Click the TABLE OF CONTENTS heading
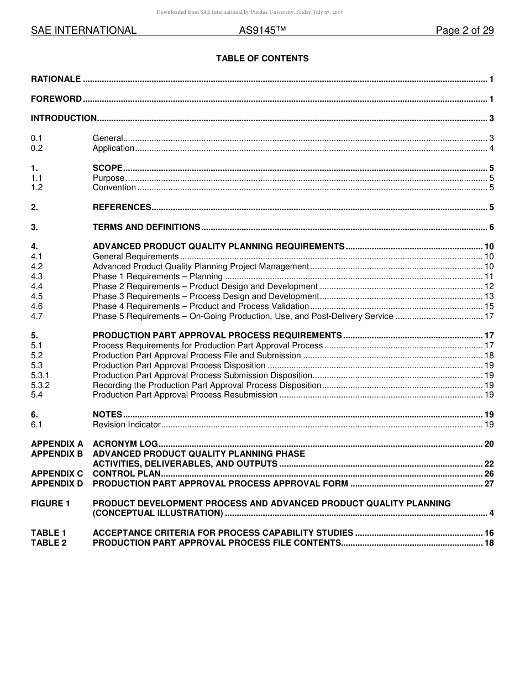pos(262,59)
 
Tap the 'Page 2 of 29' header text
pos(464,31)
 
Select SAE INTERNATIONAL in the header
pos(83,31)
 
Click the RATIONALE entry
pos(56,79)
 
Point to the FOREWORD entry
pos(56,100)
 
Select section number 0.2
pos(36,148)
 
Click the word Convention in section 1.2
pos(114,187)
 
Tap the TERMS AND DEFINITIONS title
pos(146,227)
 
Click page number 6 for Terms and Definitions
pos(491,227)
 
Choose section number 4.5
pos(36,296)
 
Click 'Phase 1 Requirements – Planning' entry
pos(158,276)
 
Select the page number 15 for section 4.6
pos(489,306)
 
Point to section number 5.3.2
pos(40,385)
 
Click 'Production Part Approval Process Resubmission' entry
pos(185,395)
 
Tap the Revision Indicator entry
pos(127,425)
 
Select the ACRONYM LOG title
pos(125,444)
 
